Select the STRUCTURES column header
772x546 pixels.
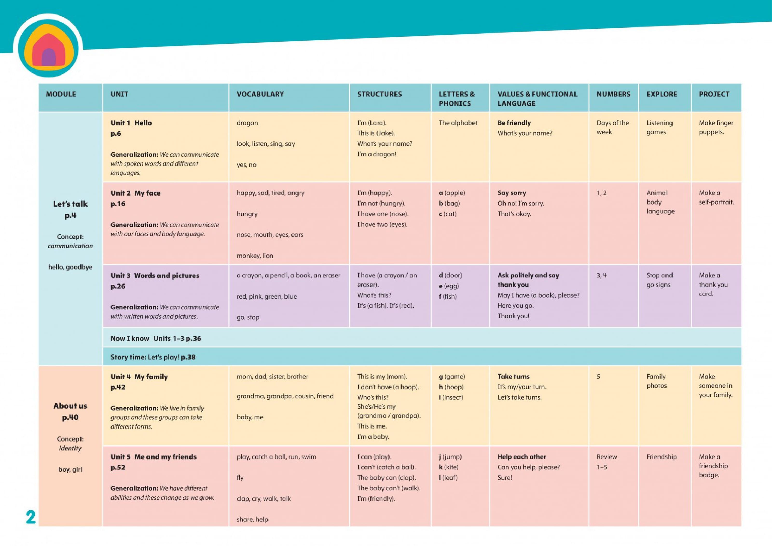click(379, 94)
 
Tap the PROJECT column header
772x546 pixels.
click(714, 94)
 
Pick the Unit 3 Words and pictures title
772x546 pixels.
click(155, 276)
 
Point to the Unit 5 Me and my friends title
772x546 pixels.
click(153, 457)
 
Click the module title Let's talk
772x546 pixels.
click(70, 204)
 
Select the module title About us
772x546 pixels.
click(70, 406)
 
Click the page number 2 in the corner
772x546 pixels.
click(31, 517)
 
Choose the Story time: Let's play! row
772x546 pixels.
click(153, 357)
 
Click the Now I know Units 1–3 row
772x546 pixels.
click(156, 339)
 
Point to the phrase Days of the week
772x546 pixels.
click(612, 127)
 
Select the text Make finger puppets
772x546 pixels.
click(716, 127)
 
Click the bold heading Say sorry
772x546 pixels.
click(512, 193)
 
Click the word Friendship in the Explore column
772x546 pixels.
click(661, 457)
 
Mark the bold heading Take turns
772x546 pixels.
click(513, 377)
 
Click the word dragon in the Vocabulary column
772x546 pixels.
click(247, 123)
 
